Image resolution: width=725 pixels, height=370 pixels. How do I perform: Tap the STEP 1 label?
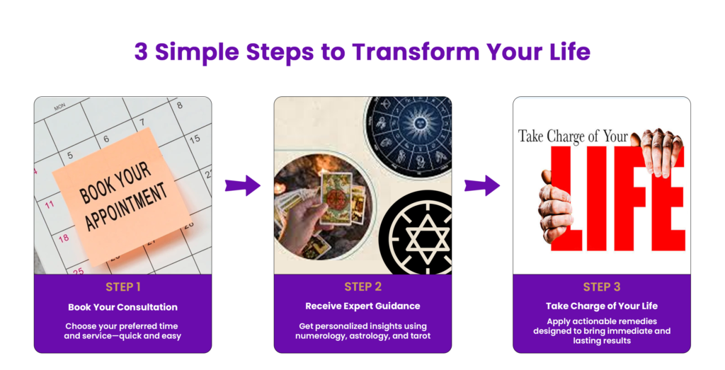pyautogui.click(x=123, y=287)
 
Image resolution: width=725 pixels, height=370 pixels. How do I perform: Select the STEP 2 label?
pyautogui.click(x=363, y=287)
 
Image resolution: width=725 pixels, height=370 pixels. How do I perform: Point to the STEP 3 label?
pyautogui.click(x=602, y=287)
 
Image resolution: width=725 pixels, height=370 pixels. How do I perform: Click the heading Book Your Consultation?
pyautogui.click(x=123, y=307)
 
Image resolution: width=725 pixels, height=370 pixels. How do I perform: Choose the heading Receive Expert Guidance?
pyautogui.click(x=363, y=306)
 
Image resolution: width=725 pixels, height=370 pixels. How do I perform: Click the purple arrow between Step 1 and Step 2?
pyautogui.click(x=243, y=185)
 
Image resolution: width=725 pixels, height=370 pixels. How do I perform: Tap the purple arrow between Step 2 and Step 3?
pyautogui.click(x=482, y=185)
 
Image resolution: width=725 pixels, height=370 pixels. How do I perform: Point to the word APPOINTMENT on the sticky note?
pyautogui.click(x=126, y=206)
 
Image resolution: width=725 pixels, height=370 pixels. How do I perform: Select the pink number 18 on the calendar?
pyautogui.click(x=64, y=238)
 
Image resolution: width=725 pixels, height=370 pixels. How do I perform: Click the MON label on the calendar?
pyautogui.click(x=59, y=107)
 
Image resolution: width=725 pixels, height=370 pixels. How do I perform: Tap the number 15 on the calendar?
pyautogui.click(x=195, y=138)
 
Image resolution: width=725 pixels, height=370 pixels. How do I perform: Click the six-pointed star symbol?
pyautogui.click(x=427, y=239)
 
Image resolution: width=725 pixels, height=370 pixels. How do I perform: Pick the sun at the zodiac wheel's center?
pyautogui.click(x=419, y=123)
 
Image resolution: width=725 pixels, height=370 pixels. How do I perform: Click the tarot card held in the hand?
pyautogui.click(x=335, y=197)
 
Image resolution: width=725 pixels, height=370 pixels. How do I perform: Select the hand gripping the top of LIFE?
pyautogui.click(x=658, y=151)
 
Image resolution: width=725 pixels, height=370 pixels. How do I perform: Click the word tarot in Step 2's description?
pyautogui.click(x=419, y=336)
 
